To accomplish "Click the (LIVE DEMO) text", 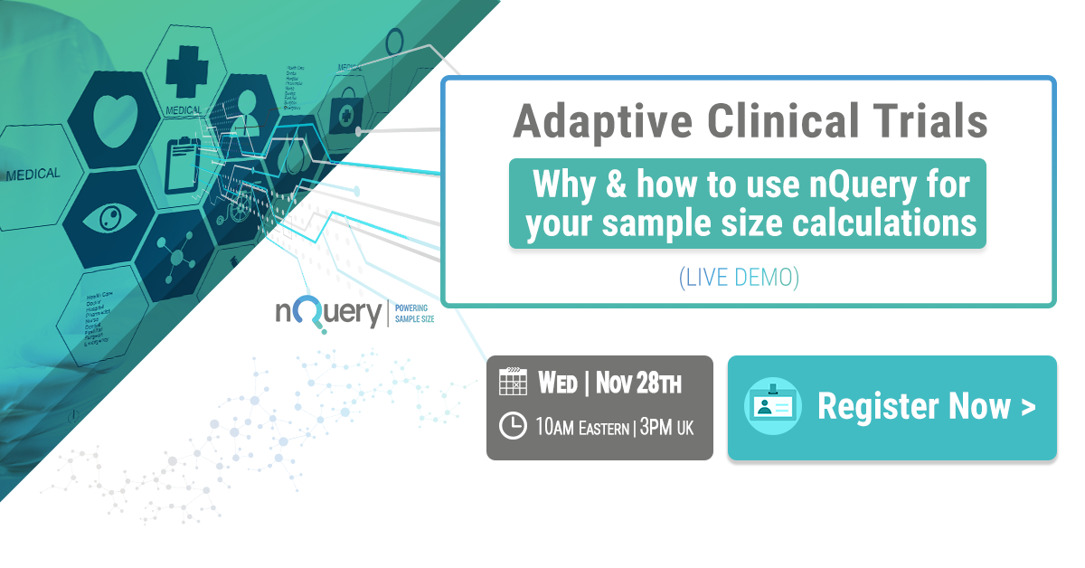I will (x=740, y=277).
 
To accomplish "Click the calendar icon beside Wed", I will (x=513, y=382).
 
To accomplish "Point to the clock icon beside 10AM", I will (x=513, y=426).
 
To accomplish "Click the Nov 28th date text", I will (x=638, y=383).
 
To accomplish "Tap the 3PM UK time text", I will (x=667, y=427).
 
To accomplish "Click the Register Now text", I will (x=913, y=406).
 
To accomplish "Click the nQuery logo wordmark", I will (x=328, y=315).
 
